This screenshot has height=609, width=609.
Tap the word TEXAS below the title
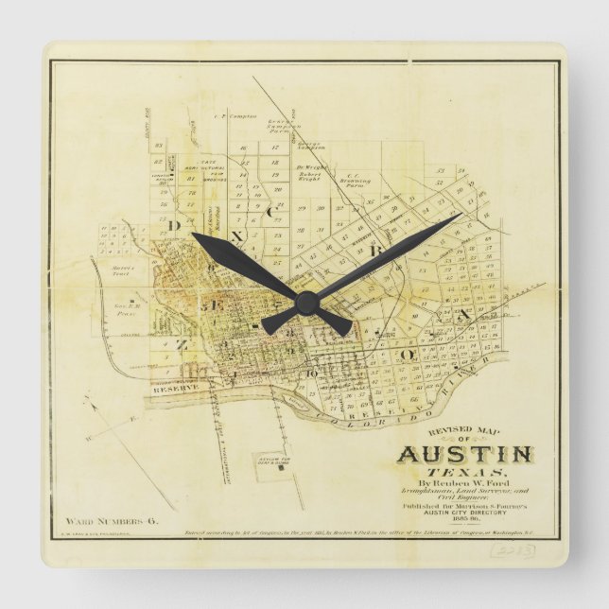[x=464, y=472]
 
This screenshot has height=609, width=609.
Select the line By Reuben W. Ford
[x=463, y=483]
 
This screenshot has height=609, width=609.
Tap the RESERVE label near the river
[x=174, y=389]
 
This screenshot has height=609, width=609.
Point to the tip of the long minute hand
[x=461, y=215]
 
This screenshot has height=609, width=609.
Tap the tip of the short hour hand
[x=193, y=234]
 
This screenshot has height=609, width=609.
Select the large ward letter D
[x=173, y=225]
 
